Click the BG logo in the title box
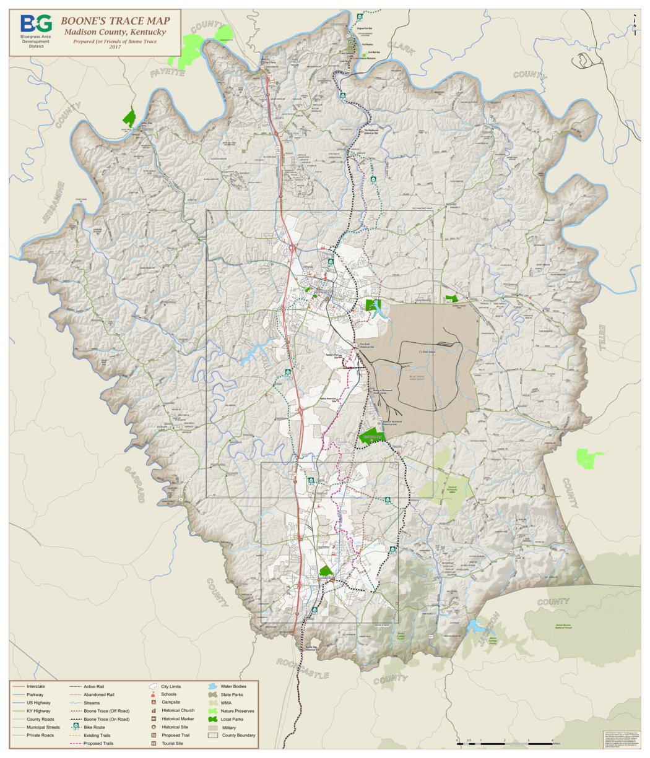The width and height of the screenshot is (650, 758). click(x=36, y=24)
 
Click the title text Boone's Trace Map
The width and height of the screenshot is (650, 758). click(x=115, y=21)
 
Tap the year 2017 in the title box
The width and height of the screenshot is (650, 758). click(x=115, y=47)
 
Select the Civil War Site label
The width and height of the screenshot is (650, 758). click(x=374, y=53)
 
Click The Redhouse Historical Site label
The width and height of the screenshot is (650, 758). click(x=375, y=131)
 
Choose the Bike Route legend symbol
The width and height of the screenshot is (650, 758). click(x=76, y=727)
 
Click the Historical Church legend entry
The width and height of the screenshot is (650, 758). click(x=178, y=710)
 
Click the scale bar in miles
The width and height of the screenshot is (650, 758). click(x=504, y=740)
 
